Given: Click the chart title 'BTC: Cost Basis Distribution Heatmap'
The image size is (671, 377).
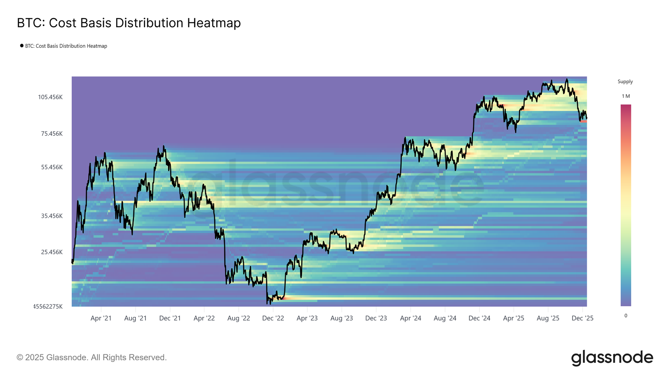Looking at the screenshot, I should (129, 23).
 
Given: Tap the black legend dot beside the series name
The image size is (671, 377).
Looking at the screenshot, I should (22, 46).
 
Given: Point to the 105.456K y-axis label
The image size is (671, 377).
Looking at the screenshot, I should (50, 97).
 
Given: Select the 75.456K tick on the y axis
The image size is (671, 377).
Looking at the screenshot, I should (52, 134).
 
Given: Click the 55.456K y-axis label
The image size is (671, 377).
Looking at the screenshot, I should (52, 167).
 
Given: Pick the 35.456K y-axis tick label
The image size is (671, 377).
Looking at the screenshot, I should (52, 216).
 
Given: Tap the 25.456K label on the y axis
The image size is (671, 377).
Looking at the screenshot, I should (52, 252).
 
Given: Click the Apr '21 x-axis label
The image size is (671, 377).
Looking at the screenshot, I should (101, 318).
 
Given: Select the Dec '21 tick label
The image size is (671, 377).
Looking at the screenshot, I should (170, 318).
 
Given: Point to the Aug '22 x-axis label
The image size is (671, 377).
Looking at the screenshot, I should (239, 318).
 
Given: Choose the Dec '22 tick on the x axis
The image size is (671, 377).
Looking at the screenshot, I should (273, 318).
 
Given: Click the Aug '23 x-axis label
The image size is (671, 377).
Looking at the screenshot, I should (342, 318).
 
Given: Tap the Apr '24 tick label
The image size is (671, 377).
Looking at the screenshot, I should (411, 318).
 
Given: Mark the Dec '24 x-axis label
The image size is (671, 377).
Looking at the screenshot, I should (479, 318).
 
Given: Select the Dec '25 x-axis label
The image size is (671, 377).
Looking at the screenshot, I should (583, 318).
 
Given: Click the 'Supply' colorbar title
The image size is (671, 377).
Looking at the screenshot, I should (625, 82).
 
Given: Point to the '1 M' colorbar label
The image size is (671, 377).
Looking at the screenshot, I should (626, 96).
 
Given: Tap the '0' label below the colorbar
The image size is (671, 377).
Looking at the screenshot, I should (626, 316).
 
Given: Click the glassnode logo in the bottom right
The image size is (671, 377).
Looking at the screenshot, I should (612, 358).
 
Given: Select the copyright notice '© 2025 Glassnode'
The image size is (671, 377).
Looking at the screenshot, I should (91, 358).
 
